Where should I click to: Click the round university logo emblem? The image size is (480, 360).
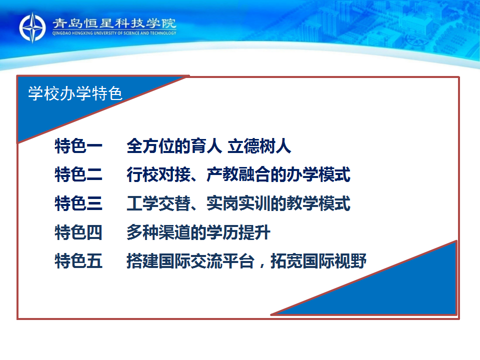click(x=32, y=27)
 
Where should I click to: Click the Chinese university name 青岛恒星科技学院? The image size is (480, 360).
click(x=114, y=23)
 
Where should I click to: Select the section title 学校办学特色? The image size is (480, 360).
click(x=75, y=93)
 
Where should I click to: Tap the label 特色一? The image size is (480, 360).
click(x=78, y=146)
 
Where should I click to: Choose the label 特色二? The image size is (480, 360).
click(x=78, y=175)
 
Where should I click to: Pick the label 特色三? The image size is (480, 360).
click(x=78, y=203)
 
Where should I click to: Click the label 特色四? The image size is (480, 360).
click(x=78, y=232)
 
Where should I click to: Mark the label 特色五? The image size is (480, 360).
click(x=78, y=261)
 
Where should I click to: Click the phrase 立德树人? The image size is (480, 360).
click(x=259, y=146)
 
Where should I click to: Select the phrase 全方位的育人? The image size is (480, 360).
click(x=174, y=146)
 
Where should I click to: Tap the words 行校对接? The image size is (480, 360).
click(x=158, y=175)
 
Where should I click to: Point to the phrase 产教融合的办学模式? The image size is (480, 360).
click(x=278, y=175)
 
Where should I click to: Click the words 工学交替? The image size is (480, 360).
click(x=158, y=203)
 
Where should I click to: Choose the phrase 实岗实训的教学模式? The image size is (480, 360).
click(x=278, y=203)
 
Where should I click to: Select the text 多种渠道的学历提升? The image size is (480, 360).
click(x=198, y=232)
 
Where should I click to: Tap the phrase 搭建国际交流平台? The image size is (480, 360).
click(x=190, y=261)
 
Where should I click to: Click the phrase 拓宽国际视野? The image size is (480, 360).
click(x=318, y=261)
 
